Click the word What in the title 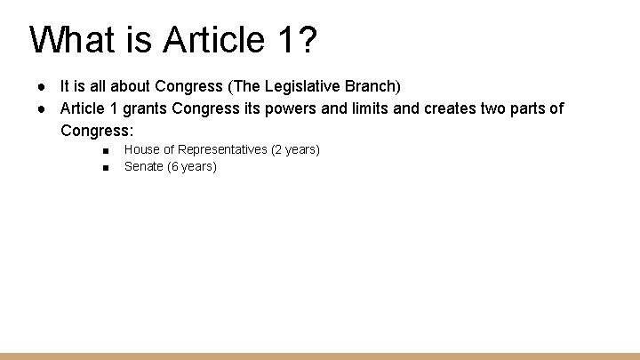click(x=71, y=40)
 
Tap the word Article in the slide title click(x=195, y=40)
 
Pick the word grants click(x=144, y=108)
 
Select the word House click(x=142, y=149)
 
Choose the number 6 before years click(x=175, y=166)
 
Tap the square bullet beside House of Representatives click(x=105, y=150)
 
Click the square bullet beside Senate click(x=105, y=167)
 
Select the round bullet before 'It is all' click(x=42, y=86)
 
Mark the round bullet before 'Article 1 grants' click(x=42, y=108)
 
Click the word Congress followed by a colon click(x=96, y=131)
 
